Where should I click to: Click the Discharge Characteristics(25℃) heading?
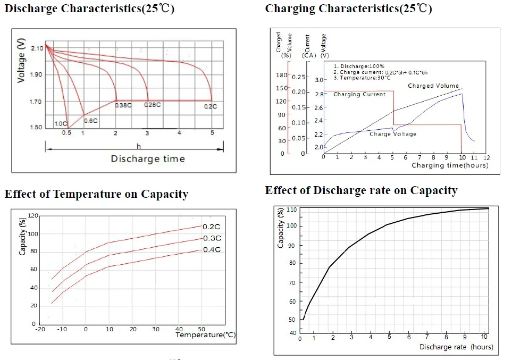click(89, 10)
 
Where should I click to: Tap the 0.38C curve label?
click(123, 105)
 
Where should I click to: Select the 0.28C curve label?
click(153, 105)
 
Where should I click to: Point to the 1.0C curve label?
click(61, 123)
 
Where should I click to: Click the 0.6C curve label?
click(90, 121)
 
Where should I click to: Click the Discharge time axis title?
click(148, 158)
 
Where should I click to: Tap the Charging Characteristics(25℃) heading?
click(348, 9)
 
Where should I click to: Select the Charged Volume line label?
click(433, 86)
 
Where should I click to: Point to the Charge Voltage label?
click(393, 134)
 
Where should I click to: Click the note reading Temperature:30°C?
click(363, 78)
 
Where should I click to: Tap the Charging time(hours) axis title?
click(450, 165)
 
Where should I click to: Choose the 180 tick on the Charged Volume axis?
click(282, 75)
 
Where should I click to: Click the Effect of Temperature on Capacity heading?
click(96, 194)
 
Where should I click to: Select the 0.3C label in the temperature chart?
click(212, 238)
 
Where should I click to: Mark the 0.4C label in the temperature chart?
click(212, 249)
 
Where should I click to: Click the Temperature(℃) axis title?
click(205, 335)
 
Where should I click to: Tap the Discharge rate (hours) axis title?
click(456, 347)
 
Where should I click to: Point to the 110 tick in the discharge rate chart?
click(291, 210)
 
